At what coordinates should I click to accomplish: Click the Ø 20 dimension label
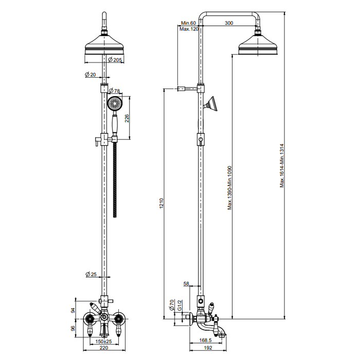pos(91,75)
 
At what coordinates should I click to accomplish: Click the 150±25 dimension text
pos(104,341)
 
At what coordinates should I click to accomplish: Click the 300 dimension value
pos(229,23)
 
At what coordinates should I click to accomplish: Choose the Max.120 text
pos(189,29)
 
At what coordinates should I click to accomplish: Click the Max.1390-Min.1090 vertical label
pos(230,187)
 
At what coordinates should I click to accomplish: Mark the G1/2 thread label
pos(179,307)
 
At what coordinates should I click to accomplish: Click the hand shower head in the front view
pos(114,104)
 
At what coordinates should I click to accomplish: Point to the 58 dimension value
pos(186,283)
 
